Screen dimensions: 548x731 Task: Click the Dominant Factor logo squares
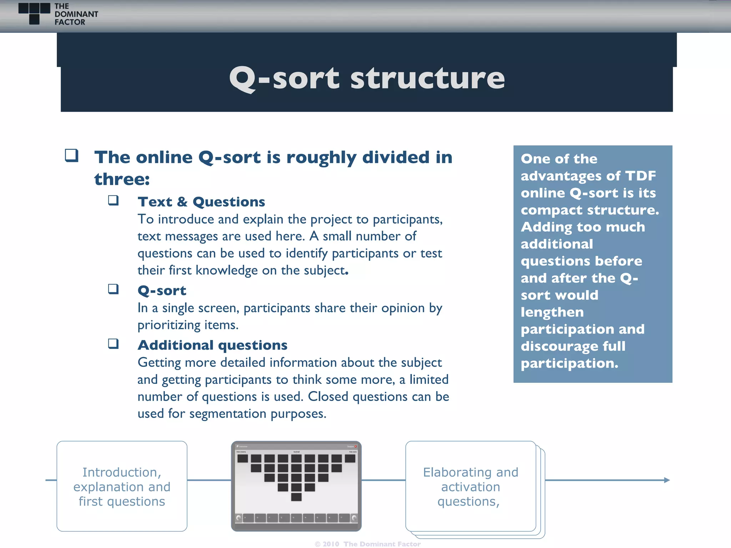click(x=34, y=13)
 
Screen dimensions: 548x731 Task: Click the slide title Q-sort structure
click(x=367, y=78)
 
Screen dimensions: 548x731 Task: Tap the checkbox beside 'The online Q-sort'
click(x=71, y=156)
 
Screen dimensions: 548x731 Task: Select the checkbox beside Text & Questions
click(x=114, y=200)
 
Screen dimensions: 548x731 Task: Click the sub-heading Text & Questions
click(x=201, y=202)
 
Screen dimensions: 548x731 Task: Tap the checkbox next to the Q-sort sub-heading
click(x=114, y=289)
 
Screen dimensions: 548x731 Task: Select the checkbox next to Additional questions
click(x=114, y=344)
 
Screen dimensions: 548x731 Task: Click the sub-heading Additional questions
click(x=212, y=345)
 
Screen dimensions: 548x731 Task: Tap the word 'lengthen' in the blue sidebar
click(x=552, y=312)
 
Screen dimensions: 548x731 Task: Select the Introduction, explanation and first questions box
click(x=122, y=486)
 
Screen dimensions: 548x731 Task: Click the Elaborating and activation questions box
click(x=470, y=486)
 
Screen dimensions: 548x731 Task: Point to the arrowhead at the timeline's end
click(x=667, y=480)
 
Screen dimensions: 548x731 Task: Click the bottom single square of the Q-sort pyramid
click(x=296, y=497)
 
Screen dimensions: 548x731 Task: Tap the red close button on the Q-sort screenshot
click(x=356, y=446)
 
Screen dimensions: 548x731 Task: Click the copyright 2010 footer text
click(x=368, y=544)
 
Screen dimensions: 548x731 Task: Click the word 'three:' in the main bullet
click(x=122, y=179)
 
